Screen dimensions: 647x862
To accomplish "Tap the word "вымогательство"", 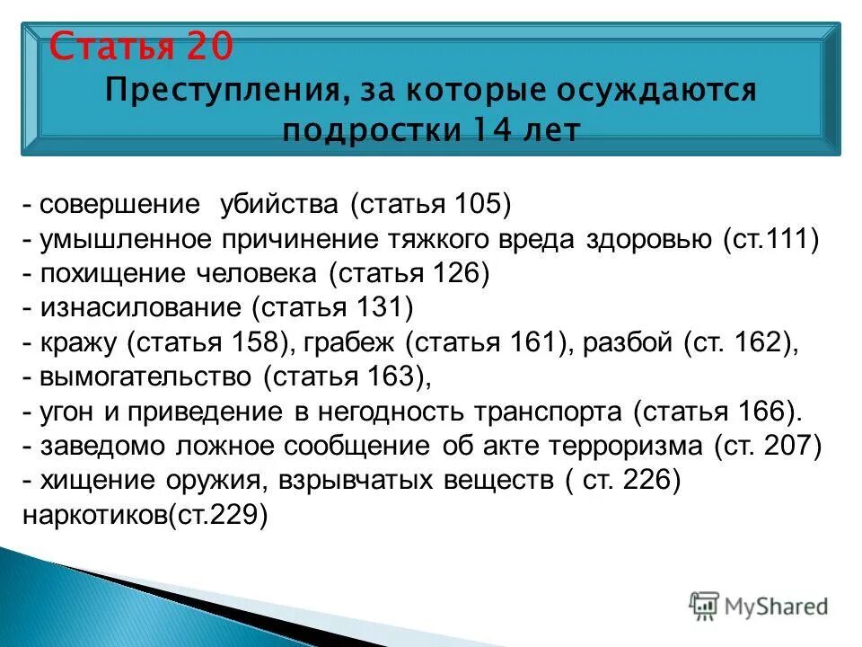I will coord(148,377).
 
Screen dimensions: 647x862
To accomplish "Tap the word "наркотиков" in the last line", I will coord(94,516).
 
